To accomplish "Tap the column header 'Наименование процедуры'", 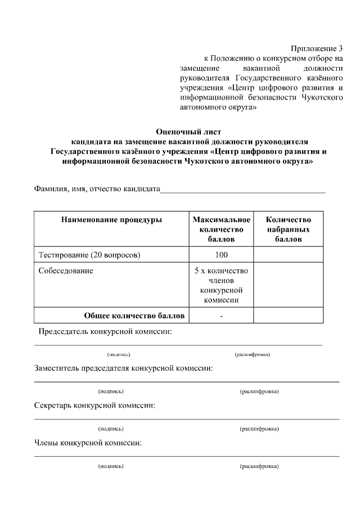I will pos(111,220).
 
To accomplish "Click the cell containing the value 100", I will pos(221,255).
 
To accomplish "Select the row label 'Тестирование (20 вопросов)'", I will pos(89,255).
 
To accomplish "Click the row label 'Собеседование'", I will pos(66,271).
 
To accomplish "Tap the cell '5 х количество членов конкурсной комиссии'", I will pos(221,285).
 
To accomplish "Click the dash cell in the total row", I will pos(221,316).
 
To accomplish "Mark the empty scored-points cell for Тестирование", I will pos(288,255).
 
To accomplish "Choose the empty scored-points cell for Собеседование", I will pos(288,285).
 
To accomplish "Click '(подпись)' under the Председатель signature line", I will pos(119,355).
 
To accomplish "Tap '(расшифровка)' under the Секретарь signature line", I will pos(259,429).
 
